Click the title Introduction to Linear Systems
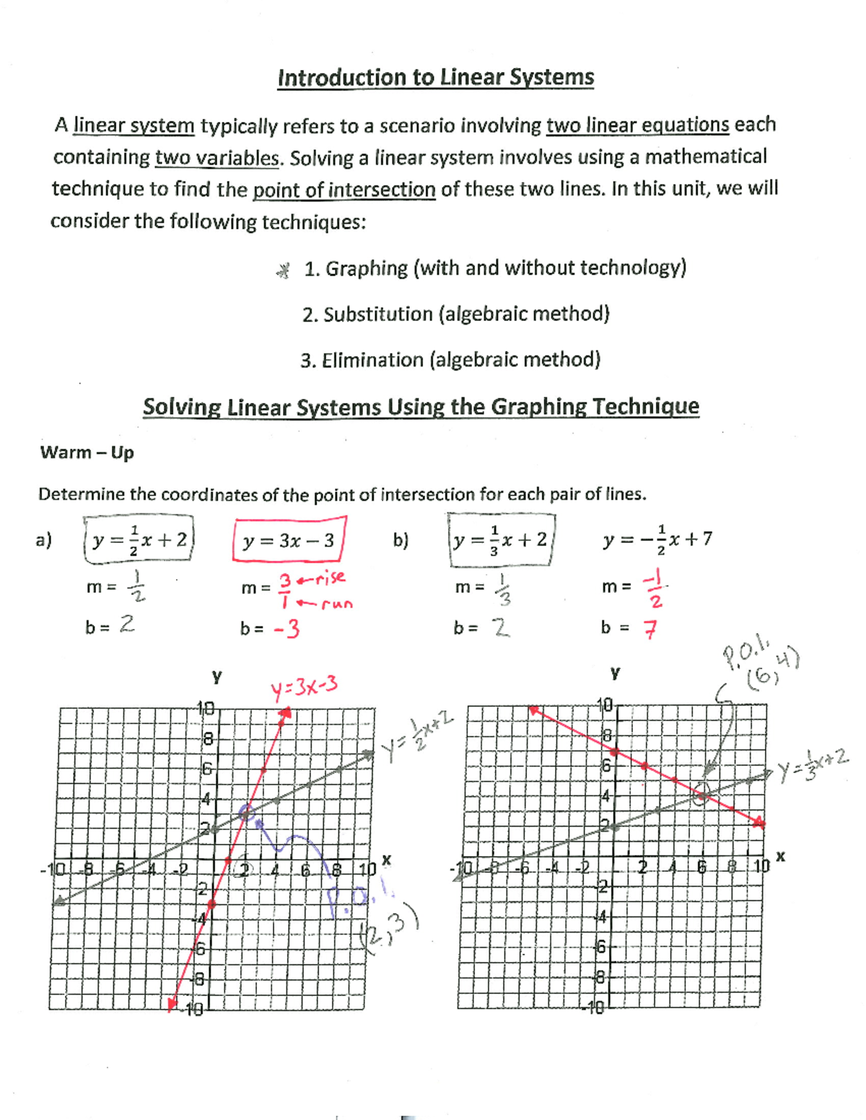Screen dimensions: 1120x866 pyautogui.click(x=435, y=78)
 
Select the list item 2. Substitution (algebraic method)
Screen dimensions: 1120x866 pyautogui.click(x=456, y=314)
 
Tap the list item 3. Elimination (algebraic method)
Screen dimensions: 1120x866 pyautogui.click(x=450, y=360)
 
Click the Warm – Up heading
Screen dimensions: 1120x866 pyautogui.click(x=87, y=453)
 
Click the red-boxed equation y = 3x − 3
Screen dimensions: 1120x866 pyautogui.click(x=289, y=540)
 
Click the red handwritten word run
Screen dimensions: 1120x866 pyautogui.click(x=336, y=604)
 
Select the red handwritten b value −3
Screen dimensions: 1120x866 pyautogui.click(x=287, y=630)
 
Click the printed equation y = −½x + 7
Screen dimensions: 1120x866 pyautogui.click(x=657, y=539)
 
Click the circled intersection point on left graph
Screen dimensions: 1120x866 pyautogui.click(x=247, y=812)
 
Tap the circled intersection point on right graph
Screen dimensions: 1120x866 pyautogui.click(x=701, y=794)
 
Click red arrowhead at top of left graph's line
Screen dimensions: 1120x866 pyautogui.click(x=286, y=713)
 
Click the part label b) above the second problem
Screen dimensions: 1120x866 pyautogui.click(x=401, y=540)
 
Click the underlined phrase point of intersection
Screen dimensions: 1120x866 pyautogui.click(x=344, y=190)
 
